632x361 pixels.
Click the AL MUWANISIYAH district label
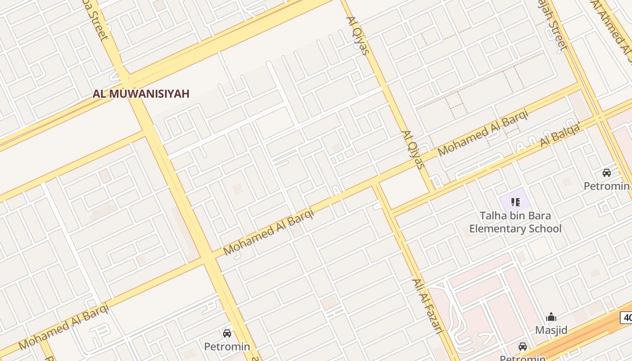coord(141,94)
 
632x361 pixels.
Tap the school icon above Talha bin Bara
coord(515,202)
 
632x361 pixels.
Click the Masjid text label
coord(551,330)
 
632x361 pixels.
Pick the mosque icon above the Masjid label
coord(551,317)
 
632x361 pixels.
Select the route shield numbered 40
coord(627,317)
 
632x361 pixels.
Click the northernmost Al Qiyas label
coord(358,35)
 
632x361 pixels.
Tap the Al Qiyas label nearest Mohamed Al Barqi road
coord(414,149)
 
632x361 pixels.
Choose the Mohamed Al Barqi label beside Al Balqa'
coord(483,133)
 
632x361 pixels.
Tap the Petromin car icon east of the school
coord(607,173)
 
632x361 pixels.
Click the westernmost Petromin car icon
coord(227,333)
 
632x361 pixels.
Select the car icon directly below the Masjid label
coord(523,347)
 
